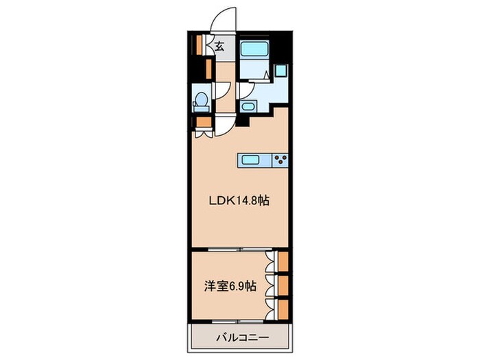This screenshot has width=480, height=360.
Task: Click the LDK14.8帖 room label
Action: pyautogui.click(x=239, y=202)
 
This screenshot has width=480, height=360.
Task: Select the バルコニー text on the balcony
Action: pyautogui.click(x=239, y=337)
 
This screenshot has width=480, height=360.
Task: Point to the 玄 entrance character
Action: pyautogui.click(x=219, y=47)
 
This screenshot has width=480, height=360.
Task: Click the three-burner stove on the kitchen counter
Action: pyautogui.click(x=280, y=160)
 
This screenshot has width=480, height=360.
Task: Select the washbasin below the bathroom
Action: pyautogui.click(x=248, y=107)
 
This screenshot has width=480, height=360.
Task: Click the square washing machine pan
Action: pyautogui.click(x=280, y=69)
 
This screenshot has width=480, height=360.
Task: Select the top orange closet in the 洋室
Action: pyautogui.click(x=283, y=263)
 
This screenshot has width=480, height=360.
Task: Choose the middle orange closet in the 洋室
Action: pyautogui.click(x=283, y=285)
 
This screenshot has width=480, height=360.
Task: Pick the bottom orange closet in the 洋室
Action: pyautogui.click(x=283, y=308)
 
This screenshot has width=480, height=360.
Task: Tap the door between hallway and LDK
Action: pyautogui.click(x=226, y=125)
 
